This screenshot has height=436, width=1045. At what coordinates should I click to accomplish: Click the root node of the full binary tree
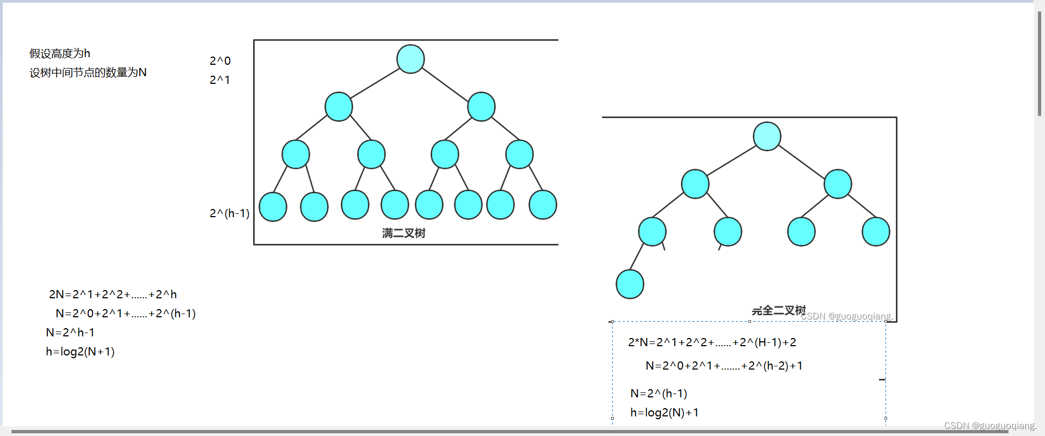click(410, 59)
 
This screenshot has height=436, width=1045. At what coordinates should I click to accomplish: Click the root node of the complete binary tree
click(767, 136)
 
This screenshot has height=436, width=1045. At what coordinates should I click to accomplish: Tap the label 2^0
click(220, 60)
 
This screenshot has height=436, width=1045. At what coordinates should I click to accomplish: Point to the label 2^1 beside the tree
click(220, 79)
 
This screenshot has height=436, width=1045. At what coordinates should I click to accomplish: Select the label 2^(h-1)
click(229, 213)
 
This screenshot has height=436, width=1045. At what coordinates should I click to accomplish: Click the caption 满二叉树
click(403, 233)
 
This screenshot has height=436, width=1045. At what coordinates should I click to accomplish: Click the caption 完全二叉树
click(778, 310)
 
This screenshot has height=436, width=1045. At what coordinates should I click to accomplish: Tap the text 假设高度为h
click(60, 53)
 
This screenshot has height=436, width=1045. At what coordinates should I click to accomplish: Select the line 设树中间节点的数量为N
click(88, 72)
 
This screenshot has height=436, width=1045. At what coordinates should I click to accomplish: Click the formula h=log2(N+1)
click(80, 352)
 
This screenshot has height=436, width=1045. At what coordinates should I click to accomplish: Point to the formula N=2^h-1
click(70, 333)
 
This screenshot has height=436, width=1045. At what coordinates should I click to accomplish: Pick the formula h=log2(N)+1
click(664, 413)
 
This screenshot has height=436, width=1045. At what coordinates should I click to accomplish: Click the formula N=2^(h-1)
click(659, 393)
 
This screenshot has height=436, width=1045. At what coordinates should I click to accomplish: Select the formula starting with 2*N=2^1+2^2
click(712, 342)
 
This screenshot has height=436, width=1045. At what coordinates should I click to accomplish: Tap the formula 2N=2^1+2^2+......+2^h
click(113, 294)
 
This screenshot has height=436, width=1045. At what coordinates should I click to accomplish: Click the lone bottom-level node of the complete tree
click(630, 284)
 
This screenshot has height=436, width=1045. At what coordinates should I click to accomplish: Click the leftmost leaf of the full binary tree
click(273, 207)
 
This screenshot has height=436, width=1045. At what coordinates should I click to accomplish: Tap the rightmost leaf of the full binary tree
click(543, 205)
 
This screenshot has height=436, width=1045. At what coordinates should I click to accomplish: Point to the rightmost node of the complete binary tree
click(876, 231)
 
